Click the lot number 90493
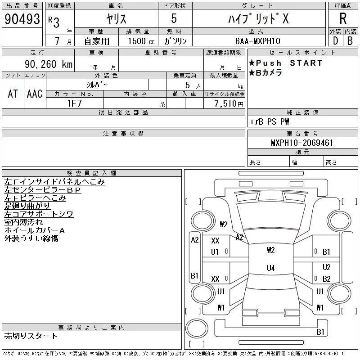click(22, 19)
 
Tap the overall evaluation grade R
click(343, 18)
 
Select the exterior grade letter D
click(335, 41)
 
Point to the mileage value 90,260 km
click(49, 64)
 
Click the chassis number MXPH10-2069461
click(302, 143)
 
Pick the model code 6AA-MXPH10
click(258, 41)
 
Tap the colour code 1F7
click(75, 103)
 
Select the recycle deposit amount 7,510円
click(229, 103)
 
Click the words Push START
click(289, 63)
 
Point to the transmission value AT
click(13, 94)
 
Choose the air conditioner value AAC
click(35, 94)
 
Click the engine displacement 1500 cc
click(141, 41)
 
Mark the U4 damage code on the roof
click(271, 268)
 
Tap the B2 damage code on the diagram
click(327, 279)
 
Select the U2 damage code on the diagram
click(327, 267)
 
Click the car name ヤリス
click(116, 18)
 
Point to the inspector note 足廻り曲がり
click(27, 206)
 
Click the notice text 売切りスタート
click(31, 336)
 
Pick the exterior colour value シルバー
click(97, 85)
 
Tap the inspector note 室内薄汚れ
click(23, 222)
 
